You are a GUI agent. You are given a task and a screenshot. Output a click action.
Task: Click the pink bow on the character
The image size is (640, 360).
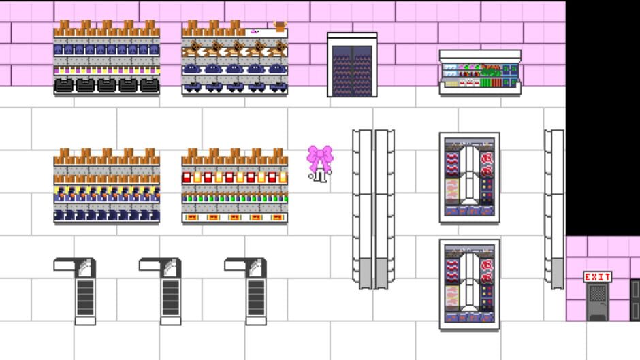coord(320,158)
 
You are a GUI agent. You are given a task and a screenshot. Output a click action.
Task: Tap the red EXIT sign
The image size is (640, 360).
coord(597,277)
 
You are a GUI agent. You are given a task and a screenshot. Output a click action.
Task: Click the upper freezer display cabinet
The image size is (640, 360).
coord(469,177)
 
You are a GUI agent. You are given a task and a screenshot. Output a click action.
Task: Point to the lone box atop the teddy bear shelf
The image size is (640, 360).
coord(280,26)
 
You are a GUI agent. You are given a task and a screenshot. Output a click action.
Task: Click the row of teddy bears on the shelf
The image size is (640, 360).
coord(234,49)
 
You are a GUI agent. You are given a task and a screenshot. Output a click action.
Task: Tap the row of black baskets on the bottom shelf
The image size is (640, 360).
coord(107,85)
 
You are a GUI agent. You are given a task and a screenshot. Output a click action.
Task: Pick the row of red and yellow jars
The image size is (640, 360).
coord(234,177)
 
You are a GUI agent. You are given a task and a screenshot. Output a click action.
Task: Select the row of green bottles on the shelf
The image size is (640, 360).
coord(234,199)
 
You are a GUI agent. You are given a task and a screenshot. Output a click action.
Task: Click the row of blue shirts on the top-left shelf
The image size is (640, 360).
coord(107,50)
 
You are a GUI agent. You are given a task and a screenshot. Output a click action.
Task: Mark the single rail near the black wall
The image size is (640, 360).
coord(554,208)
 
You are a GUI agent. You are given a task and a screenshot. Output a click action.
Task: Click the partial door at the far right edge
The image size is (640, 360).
coord(635,299)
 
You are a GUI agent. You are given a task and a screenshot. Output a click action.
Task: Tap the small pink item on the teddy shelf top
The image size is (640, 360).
coord(255,31)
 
